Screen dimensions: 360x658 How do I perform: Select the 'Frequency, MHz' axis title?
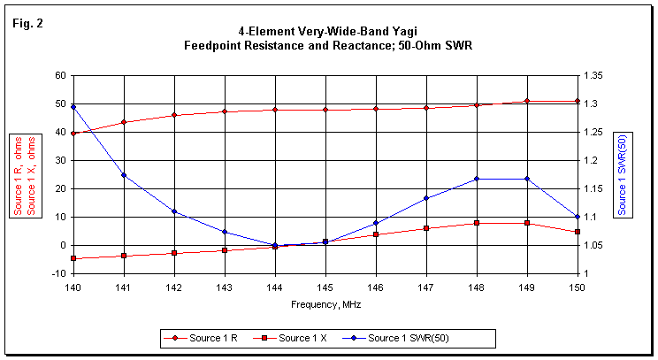click(325, 303)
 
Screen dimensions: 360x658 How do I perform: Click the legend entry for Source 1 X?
click(302, 337)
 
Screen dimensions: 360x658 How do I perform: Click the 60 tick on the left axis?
click(60, 76)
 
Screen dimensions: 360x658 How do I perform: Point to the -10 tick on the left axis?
click(58, 273)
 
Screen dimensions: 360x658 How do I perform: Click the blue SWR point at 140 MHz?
click(73, 107)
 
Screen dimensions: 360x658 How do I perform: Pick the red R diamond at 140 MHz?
click(73, 134)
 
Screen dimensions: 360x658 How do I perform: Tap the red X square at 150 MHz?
click(578, 232)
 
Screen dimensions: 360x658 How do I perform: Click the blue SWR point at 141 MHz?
click(124, 175)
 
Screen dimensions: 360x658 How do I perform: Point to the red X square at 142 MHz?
click(174, 253)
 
